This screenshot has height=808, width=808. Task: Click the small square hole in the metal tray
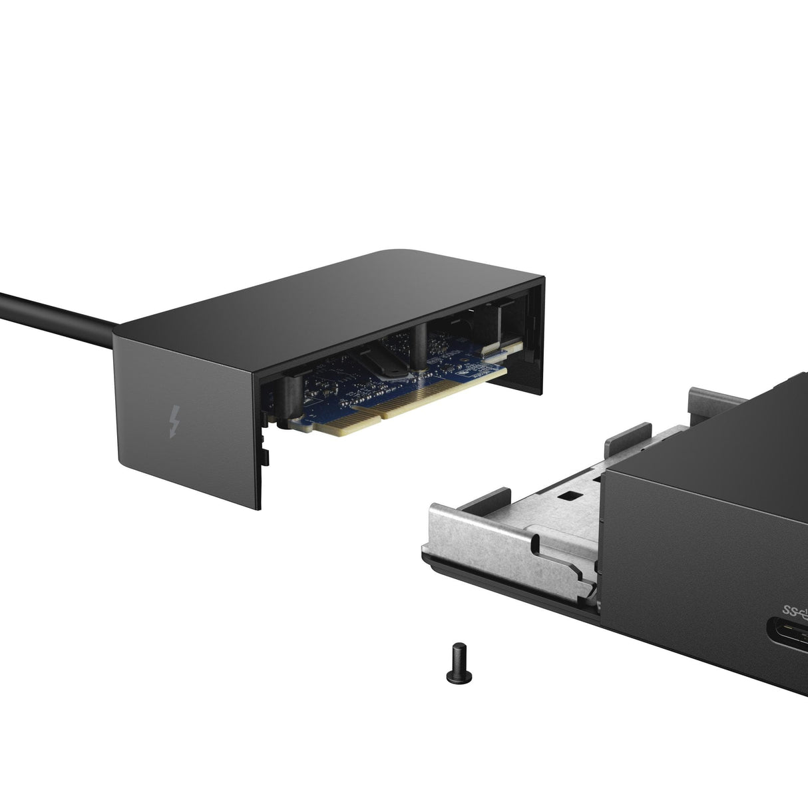pyautogui.click(x=568, y=497)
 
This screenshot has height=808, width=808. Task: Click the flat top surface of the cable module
pyautogui.click(x=319, y=293)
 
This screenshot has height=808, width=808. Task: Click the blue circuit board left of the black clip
pyautogui.click(x=333, y=386)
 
